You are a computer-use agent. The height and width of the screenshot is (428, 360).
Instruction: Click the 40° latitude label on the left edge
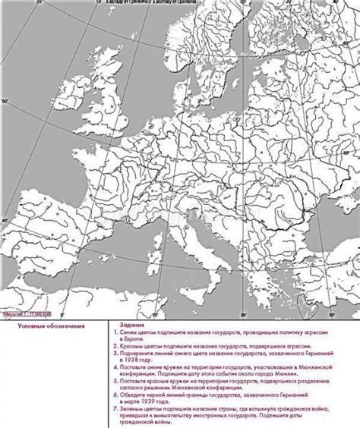[x=4, y=221]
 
